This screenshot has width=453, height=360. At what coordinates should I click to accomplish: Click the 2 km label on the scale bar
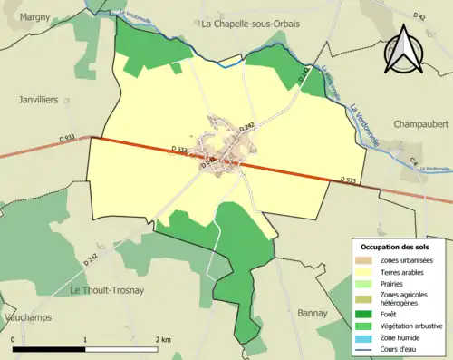pos(163,339)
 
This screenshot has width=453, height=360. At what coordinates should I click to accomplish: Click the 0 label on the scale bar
pos(14,339)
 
